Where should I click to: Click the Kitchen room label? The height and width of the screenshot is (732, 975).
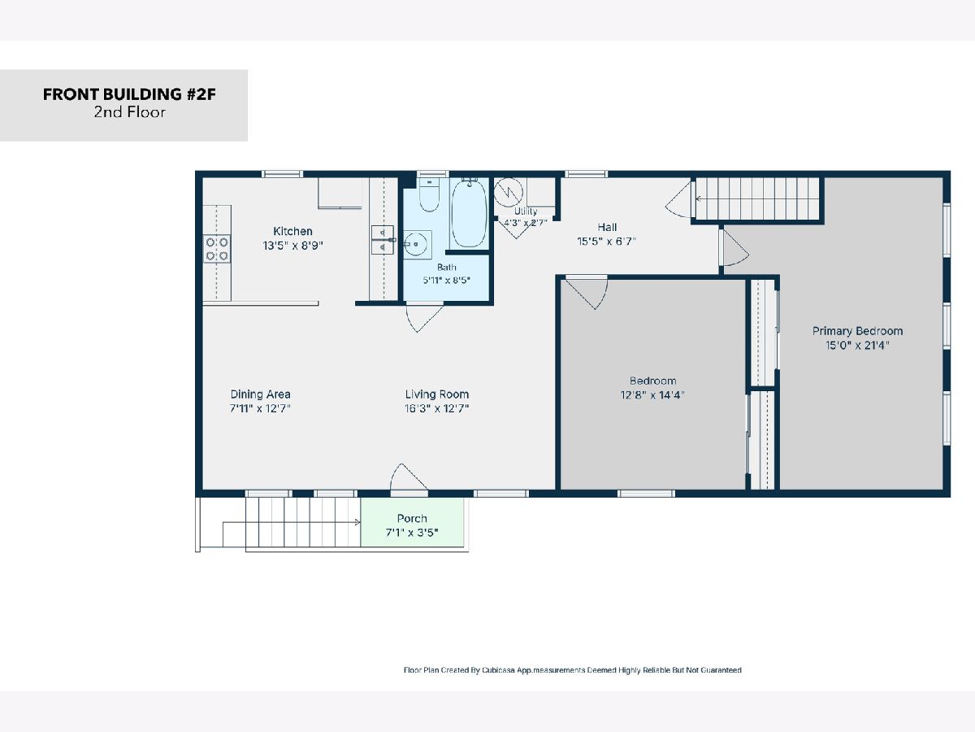point(292,231)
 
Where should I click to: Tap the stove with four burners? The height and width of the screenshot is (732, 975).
point(217,249)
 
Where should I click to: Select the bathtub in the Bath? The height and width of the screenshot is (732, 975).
point(469,213)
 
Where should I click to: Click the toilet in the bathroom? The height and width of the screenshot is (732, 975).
point(429,194)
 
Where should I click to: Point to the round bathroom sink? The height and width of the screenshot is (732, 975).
point(416,245)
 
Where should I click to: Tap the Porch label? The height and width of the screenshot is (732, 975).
point(412,518)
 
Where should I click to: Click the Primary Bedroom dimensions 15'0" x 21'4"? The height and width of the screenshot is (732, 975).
point(857,346)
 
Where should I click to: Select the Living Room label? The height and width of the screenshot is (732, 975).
point(436,394)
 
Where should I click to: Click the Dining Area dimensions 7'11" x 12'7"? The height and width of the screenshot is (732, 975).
point(260,408)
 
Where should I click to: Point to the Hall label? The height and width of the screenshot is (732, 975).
point(607,227)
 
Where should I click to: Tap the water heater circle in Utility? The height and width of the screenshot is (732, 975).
point(508,192)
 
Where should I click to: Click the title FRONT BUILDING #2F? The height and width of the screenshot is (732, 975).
point(129,94)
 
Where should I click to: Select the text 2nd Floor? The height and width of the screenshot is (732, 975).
point(129,112)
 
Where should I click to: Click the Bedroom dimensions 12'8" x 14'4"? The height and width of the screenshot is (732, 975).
point(652,395)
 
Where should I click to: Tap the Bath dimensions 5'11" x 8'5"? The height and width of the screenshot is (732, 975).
point(446,280)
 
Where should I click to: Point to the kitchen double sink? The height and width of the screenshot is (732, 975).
point(383,240)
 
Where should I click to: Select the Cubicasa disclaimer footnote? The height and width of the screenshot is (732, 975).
point(573,670)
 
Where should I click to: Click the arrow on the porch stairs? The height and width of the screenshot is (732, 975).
point(292,523)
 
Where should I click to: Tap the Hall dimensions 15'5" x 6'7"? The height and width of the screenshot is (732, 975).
point(607,242)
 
